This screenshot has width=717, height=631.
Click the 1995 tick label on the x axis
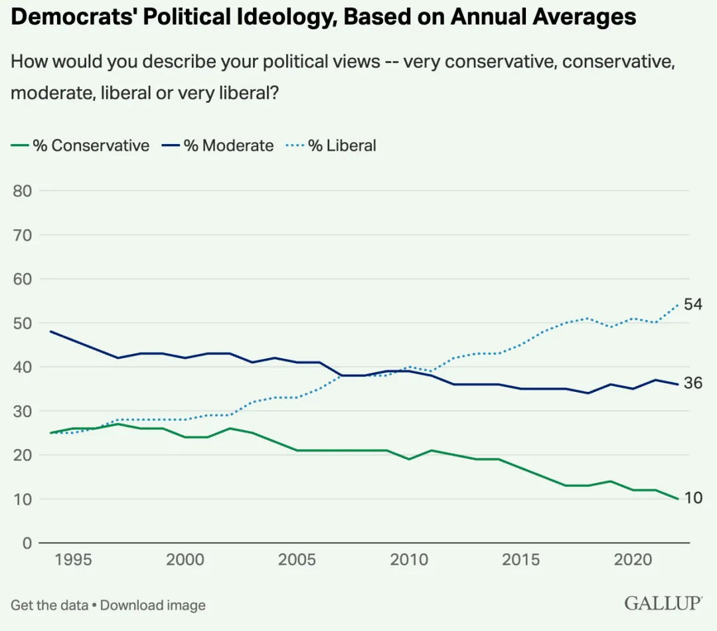[73, 559]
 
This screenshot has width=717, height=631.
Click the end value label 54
[694, 305]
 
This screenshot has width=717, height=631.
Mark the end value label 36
[694, 383]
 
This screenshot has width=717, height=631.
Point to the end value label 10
[693, 498]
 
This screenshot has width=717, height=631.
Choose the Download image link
[153, 605]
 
